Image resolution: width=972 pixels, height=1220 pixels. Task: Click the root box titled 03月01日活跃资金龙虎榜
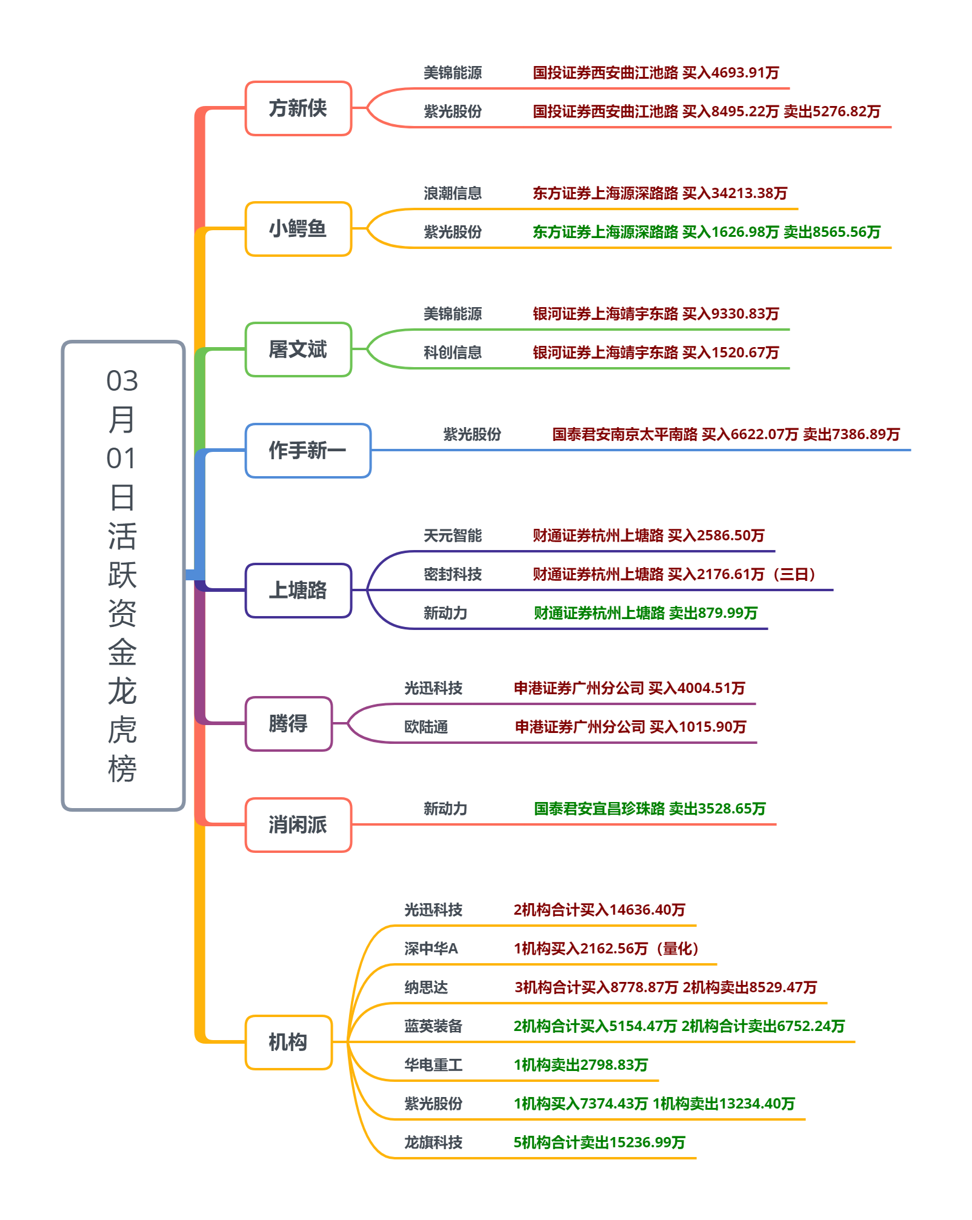[123, 575]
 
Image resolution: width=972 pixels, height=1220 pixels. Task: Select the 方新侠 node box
[298, 108]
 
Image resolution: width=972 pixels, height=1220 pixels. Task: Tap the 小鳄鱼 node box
[298, 229]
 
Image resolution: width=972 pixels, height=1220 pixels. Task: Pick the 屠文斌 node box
[298, 350]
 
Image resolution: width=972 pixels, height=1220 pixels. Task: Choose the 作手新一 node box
[308, 451]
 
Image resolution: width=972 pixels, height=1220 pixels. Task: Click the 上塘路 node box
[298, 591]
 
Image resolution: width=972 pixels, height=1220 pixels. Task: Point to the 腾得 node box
[288, 724]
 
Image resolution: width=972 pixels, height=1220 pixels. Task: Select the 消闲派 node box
[298, 825]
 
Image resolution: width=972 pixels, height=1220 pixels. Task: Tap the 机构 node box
[288, 1043]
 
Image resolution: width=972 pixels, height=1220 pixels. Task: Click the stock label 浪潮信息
[453, 193]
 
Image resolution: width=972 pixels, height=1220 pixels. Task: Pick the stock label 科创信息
[453, 353]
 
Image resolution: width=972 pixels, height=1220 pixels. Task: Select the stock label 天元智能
[453, 535]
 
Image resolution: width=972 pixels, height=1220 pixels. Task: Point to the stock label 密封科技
[453, 574]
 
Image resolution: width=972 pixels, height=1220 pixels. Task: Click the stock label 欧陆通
[426, 727]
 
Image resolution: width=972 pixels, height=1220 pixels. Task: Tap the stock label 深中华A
[431, 949]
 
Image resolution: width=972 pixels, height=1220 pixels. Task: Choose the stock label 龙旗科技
[433, 1142]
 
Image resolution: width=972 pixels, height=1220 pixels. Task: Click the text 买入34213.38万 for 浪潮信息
[734, 193]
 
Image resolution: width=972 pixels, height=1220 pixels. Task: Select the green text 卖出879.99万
[713, 613]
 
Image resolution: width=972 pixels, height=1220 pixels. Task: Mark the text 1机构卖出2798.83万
[581, 1065]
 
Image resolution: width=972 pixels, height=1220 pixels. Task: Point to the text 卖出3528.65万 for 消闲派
[717, 809]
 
